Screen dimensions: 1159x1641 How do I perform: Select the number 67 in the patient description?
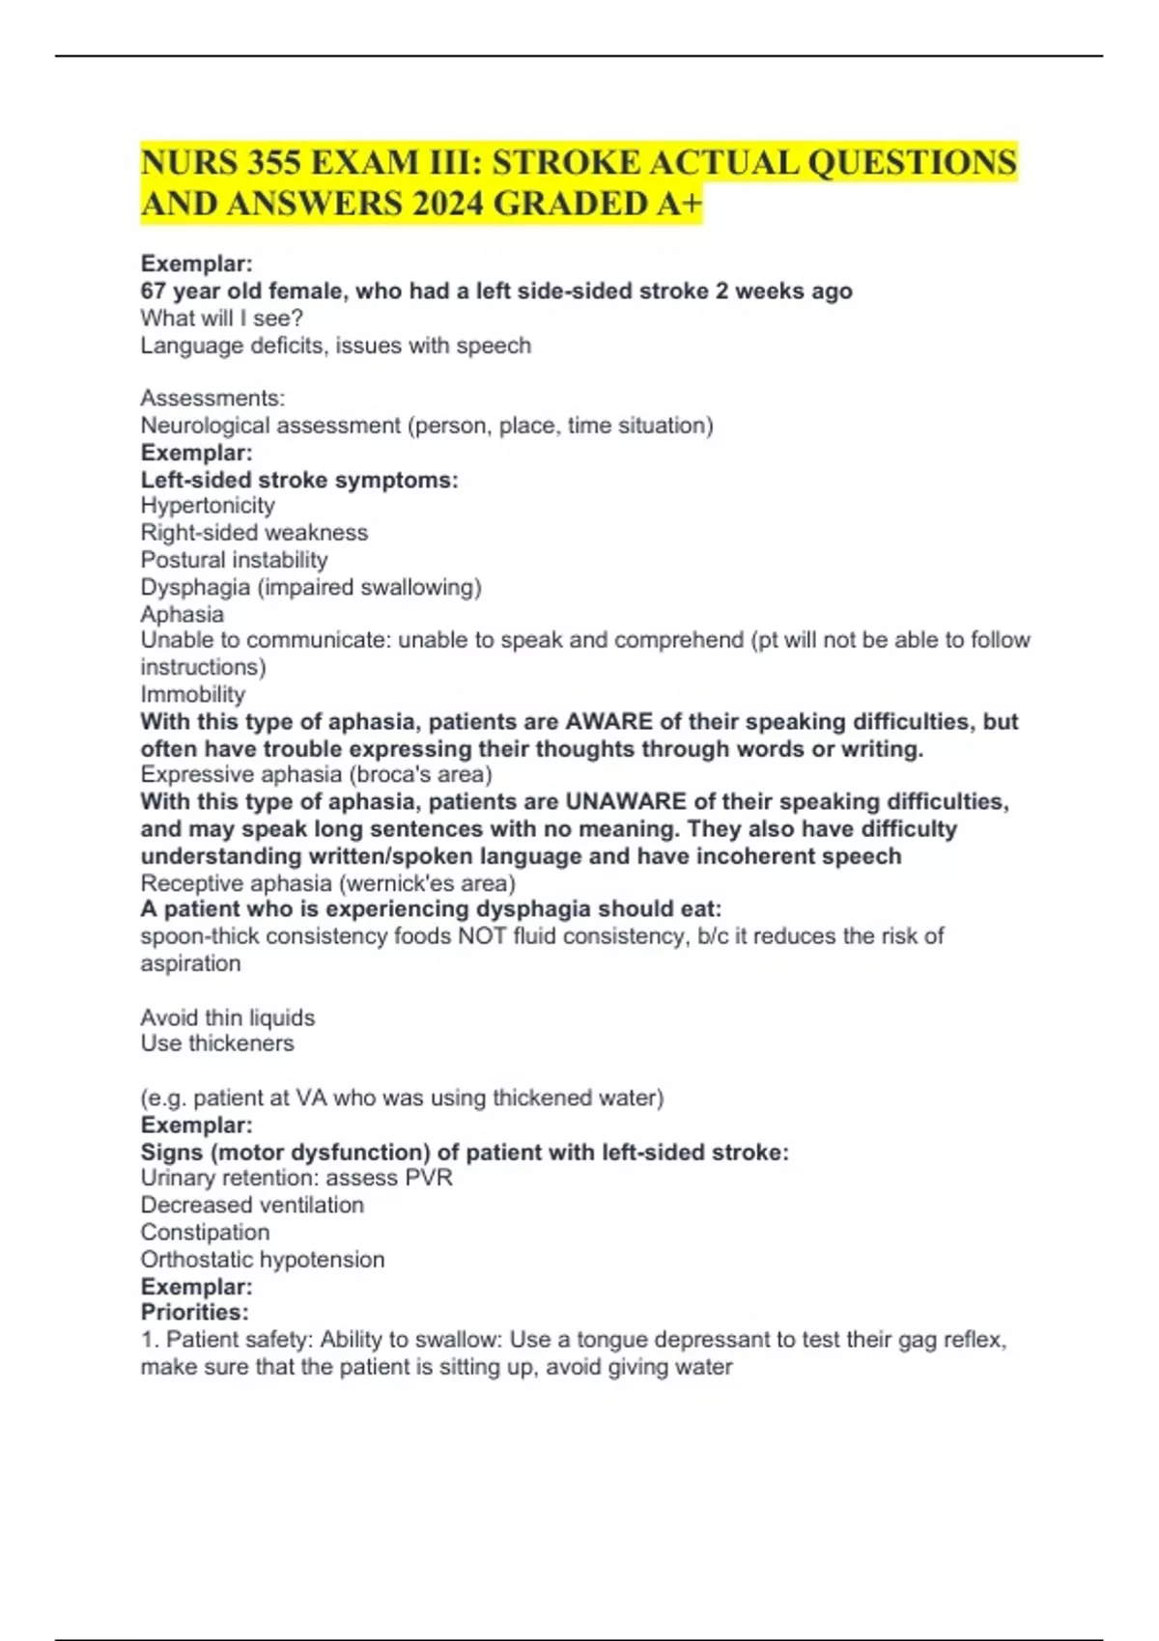pyautogui.click(x=154, y=292)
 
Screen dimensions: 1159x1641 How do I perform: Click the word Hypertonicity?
pyautogui.click(x=208, y=506)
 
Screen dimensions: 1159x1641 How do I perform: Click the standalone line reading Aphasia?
pyautogui.click(x=182, y=614)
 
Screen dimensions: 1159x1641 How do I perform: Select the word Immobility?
pyautogui.click(x=193, y=694)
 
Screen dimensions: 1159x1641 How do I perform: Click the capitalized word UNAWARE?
pyautogui.click(x=626, y=802)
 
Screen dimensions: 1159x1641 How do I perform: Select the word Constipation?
pyautogui.click(x=205, y=1233)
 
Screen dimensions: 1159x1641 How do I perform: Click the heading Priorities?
pyautogui.click(x=194, y=1313)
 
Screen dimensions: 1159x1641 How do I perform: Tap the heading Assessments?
pyautogui.click(x=212, y=398)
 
